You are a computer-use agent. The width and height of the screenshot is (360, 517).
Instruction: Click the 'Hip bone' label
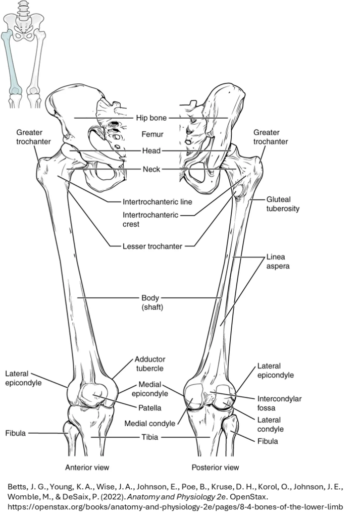click(151, 118)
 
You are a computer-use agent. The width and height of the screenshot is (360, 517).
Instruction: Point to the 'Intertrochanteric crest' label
click(150, 220)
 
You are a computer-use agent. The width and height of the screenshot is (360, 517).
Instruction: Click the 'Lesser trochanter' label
click(152, 246)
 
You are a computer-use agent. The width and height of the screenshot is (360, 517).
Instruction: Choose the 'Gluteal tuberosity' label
click(283, 204)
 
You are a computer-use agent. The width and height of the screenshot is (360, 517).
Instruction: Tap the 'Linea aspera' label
click(278, 262)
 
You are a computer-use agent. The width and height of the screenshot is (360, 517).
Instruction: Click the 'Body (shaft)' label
click(152, 302)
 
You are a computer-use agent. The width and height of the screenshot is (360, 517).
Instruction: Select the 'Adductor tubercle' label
click(150, 364)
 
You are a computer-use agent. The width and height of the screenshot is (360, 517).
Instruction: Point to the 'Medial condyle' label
click(150, 424)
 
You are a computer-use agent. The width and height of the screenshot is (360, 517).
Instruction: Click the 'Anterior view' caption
click(87, 467)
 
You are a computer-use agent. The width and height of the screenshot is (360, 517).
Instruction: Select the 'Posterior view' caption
click(215, 467)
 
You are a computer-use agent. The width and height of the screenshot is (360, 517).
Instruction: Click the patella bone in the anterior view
click(93, 395)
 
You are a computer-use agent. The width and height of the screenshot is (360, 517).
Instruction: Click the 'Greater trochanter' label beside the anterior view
click(33, 137)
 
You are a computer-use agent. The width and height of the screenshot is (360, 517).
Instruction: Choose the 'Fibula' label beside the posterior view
click(267, 441)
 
